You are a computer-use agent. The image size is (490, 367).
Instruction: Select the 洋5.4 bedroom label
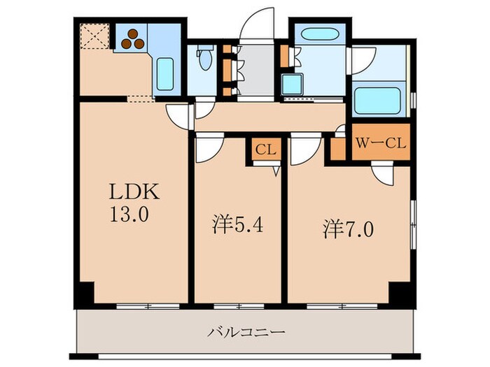pyautogui.click(x=237, y=226)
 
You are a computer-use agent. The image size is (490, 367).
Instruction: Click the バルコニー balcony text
pyautogui.click(x=246, y=331)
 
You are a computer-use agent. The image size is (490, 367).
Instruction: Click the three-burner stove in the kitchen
pyautogui.click(x=132, y=39)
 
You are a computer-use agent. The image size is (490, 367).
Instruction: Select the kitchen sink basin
pyautogui.click(x=165, y=73)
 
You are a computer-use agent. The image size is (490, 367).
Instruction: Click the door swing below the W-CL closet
pyautogui.click(x=384, y=173)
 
